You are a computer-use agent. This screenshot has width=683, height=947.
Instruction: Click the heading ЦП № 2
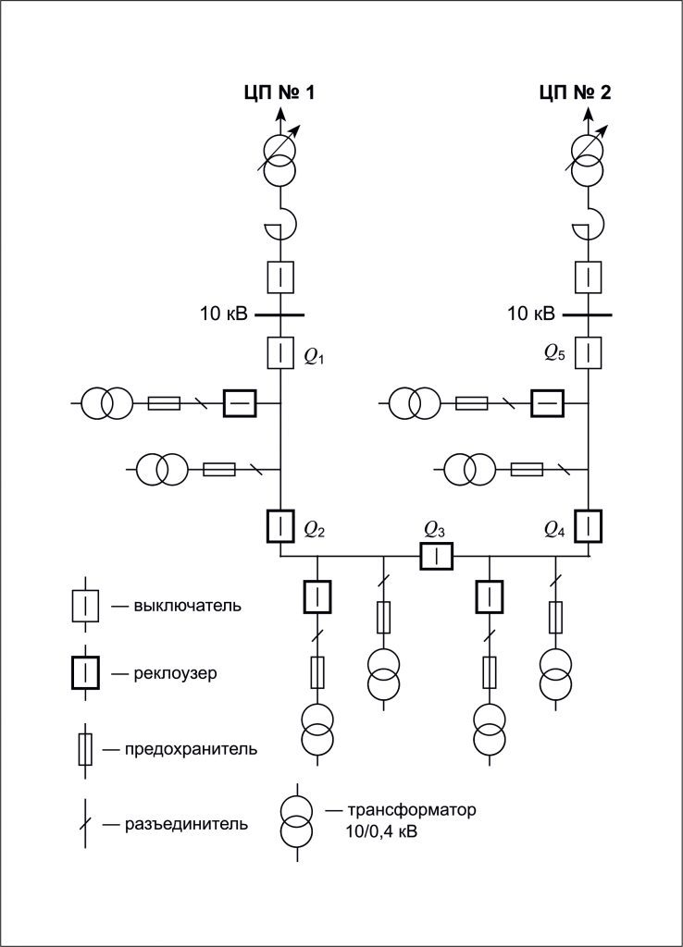[x=575, y=92]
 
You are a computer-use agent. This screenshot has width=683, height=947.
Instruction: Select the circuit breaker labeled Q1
[x=280, y=352]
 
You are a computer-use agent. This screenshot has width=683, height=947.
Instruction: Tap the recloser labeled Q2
[x=280, y=525]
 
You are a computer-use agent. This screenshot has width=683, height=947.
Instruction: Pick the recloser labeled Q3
[x=435, y=556]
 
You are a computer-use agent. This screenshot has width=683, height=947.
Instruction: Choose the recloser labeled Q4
[x=588, y=525]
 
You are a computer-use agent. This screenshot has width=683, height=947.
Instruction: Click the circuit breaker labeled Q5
[x=589, y=352]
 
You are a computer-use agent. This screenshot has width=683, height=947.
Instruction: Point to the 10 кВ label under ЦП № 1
[x=224, y=314]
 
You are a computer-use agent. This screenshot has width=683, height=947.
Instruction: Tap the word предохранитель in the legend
[x=191, y=748]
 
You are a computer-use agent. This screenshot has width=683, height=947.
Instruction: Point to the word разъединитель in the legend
[x=186, y=822]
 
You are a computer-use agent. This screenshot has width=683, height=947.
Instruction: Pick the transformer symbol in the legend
[x=298, y=818]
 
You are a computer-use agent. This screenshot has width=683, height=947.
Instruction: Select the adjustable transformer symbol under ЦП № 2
[x=588, y=159]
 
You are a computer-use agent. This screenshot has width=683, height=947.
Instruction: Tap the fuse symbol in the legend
[x=85, y=748]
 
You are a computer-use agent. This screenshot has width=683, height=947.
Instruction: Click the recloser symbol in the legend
[x=85, y=672]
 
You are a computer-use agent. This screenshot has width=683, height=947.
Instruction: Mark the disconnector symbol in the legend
[x=85, y=822]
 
